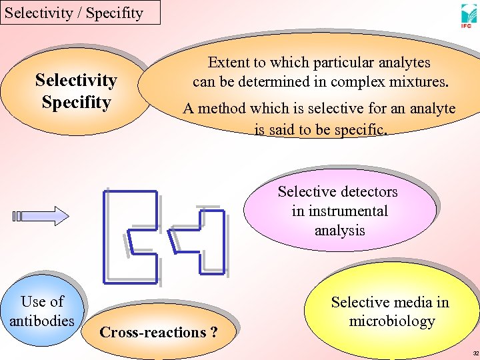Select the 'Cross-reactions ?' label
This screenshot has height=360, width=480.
point(158,332)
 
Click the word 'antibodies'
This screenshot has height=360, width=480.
point(42,321)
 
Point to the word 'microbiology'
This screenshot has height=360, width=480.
point(391,321)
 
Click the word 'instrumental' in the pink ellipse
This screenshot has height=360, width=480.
point(339,211)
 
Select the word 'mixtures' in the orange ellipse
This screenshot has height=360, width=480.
point(419,83)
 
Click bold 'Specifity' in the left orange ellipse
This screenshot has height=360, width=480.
point(76,102)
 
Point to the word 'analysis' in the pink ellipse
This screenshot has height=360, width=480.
point(339,230)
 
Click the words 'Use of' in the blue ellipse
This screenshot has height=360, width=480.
point(42,301)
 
